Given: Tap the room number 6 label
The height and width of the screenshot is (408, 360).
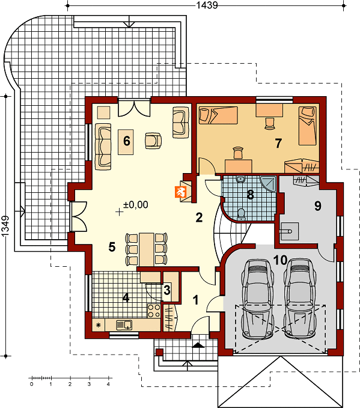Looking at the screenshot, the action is (x=126, y=141).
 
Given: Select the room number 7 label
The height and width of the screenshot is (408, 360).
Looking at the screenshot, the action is (x=278, y=144).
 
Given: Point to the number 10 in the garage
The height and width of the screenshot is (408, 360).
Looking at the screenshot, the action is (x=281, y=260).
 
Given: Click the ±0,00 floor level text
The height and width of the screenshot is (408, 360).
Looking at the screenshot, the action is (x=136, y=205).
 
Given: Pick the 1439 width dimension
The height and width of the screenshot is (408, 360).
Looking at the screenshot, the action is (x=207, y=5).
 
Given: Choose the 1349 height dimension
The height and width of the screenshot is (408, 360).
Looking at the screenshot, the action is (x=5, y=226).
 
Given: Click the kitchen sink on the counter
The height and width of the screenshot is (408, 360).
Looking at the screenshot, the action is (x=124, y=324).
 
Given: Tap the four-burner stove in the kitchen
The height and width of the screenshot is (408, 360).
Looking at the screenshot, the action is (x=154, y=311).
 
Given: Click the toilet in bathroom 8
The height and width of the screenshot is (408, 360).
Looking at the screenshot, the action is (x=241, y=214).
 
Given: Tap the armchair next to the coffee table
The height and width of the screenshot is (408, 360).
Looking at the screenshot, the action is (x=153, y=141).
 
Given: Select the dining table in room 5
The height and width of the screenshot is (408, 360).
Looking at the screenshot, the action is (x=146, y=249).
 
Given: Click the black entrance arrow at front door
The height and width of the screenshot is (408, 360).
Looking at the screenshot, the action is (x=198, y=345).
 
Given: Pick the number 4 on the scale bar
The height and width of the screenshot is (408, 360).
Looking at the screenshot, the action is (x=108, y=384).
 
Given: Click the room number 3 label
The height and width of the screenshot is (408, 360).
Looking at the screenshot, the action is (x=167, y=290).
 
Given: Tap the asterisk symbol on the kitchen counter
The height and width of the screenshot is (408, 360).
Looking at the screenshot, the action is (x=99, y=325).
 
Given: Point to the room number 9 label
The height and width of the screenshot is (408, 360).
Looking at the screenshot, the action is (x=317, y=206).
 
